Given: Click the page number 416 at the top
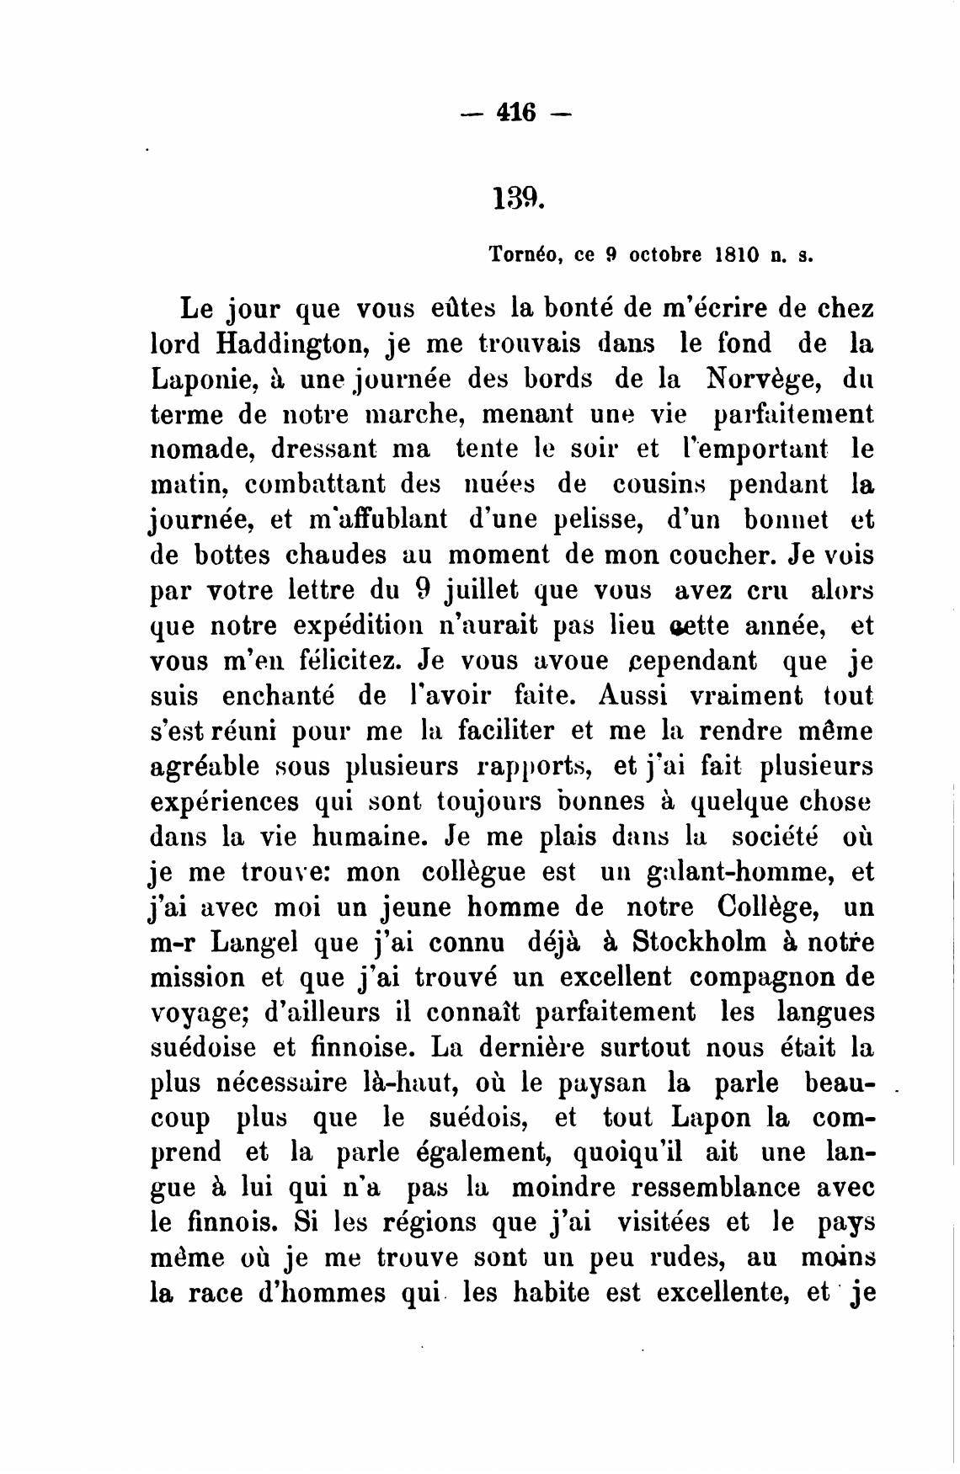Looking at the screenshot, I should click(x=516, y=111).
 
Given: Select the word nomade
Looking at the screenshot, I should click(x=202, y=449).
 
